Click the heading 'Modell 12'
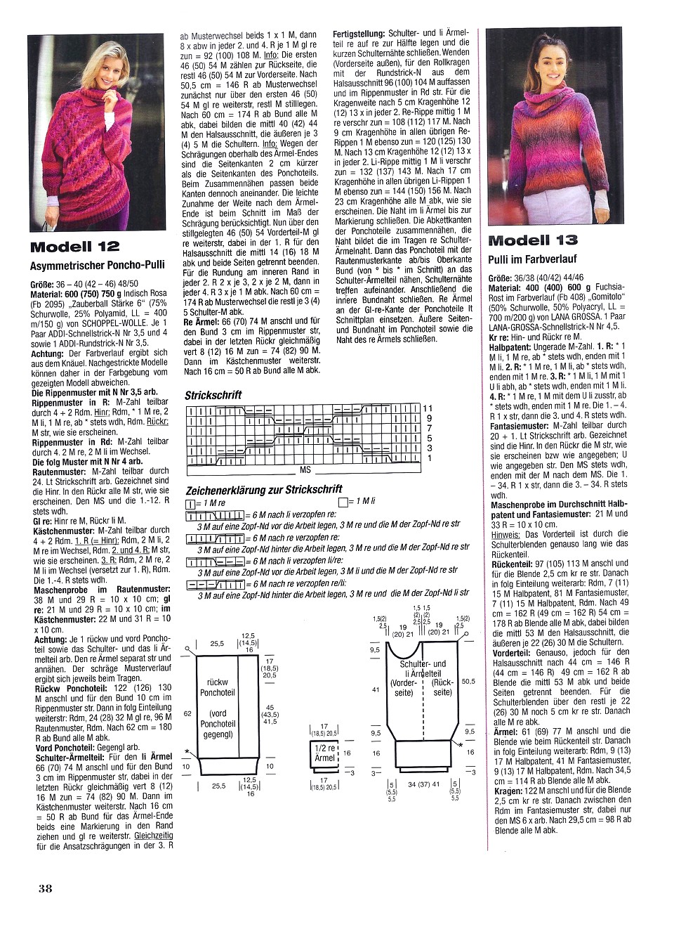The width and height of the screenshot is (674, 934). (x=75, y=247)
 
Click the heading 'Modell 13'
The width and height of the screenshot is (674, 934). (x=533, y=240)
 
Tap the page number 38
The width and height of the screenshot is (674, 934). (x=46, y=888)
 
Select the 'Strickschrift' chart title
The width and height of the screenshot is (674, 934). (x=213, y=395)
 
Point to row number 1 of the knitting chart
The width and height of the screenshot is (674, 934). (x=430, y=458)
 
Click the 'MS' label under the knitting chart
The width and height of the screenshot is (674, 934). (x=305, y=469)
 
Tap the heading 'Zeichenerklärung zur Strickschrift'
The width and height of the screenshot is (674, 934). (x=264, y=489)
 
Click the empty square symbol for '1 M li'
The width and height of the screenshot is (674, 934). (x=343, y=502)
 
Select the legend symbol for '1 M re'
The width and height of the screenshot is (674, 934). (x=190, y=503)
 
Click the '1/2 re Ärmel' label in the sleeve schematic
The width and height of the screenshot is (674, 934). (x=324, y=753)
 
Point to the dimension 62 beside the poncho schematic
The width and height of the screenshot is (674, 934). (x=187, y=713)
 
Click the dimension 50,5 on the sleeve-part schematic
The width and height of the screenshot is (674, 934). (x=469, y=681)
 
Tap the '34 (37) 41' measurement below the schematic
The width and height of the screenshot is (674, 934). (x=423, y=784)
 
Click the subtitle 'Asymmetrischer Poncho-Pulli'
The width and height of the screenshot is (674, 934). (x=98, y=265)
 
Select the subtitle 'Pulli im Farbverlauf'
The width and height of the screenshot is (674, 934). (x=532, y=259)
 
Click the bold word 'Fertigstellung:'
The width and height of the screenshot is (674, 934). (x=359, y=34)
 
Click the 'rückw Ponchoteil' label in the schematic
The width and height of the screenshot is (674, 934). (x=218, y=687)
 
